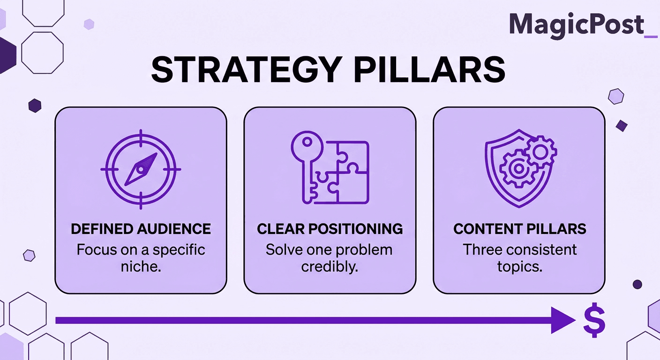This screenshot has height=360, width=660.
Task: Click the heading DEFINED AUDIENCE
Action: point(141,229)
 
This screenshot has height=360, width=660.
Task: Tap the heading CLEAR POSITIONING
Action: point(330,229)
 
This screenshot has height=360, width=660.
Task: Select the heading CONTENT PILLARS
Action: point(519,229)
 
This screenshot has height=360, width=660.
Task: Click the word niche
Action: point(141,266)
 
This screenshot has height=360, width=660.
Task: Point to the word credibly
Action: point(329,266)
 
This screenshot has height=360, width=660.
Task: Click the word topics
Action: point(519,266)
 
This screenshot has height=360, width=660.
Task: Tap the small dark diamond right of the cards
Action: point(622,125)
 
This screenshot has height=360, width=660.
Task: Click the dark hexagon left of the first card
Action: point(35,105)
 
